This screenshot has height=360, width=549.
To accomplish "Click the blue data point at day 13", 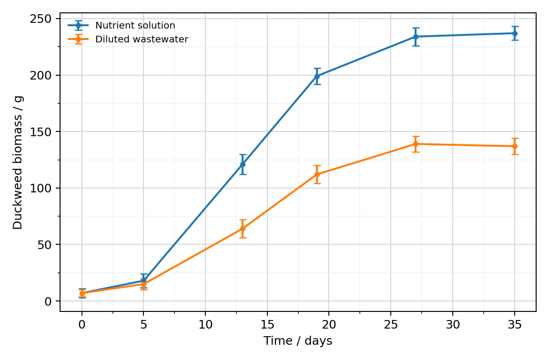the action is [x=243, y=164].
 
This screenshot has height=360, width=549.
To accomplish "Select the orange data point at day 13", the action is [x=243, y=229].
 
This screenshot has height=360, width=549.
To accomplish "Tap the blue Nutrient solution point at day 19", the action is [x=317, y=76].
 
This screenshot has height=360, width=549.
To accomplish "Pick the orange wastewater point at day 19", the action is [x=317, y=174].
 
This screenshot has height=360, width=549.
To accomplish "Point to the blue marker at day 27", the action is [x=416, y=36].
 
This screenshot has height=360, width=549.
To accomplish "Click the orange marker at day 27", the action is [x=416, y=144].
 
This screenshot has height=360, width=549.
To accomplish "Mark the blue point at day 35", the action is [x=515, y=33].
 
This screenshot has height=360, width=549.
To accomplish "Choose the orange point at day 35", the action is [x=515, y=146].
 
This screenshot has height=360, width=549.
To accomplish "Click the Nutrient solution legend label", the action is [x=135, y=26].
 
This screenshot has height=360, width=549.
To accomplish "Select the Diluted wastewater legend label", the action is [x=142, y=39].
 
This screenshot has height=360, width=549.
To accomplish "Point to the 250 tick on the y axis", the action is [x=41, y=19].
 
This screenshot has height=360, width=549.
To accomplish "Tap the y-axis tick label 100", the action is [x=41, y=188].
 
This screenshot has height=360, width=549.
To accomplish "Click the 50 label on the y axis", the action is [x=44, y=245].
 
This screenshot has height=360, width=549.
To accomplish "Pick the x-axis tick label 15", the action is [x=267, y=325].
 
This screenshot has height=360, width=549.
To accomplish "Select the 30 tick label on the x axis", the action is [x=453, y=325].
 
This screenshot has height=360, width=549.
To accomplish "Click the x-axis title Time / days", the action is [x=298, y=341].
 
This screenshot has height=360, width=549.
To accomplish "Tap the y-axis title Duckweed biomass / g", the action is [x=18, y=162].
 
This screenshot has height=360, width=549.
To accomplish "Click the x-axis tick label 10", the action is [x=205, y=325].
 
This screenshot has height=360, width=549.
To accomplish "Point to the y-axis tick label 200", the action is [x=41, y=75].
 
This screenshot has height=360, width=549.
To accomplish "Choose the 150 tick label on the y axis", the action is [x=41, y=132].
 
